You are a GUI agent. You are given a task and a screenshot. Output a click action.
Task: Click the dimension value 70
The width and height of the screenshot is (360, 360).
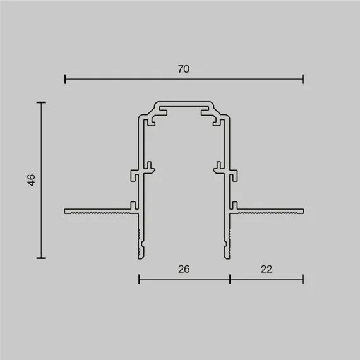183,69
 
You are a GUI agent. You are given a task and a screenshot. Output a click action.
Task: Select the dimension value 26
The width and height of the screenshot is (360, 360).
184,269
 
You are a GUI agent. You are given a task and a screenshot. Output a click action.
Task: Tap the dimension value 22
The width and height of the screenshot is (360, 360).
266,269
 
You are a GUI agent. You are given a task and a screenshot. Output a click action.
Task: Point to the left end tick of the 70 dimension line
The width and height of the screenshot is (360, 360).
66,79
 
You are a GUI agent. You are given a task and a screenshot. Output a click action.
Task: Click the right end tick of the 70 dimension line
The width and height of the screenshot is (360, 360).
303,79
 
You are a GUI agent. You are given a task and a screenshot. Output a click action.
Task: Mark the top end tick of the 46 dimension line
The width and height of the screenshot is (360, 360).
42,102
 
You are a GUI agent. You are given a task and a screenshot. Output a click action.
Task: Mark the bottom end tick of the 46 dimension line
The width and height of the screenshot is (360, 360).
42,258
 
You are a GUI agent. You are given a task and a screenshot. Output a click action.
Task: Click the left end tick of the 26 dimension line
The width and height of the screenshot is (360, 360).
139,279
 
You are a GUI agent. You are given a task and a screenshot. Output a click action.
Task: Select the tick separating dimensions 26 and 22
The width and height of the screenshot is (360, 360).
230,279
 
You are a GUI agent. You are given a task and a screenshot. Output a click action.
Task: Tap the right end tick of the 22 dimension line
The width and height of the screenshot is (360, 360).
303,279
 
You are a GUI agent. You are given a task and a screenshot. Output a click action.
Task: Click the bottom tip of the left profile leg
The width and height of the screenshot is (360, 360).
140,255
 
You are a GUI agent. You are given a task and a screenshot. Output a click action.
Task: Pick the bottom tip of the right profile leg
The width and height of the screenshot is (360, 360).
227,255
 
